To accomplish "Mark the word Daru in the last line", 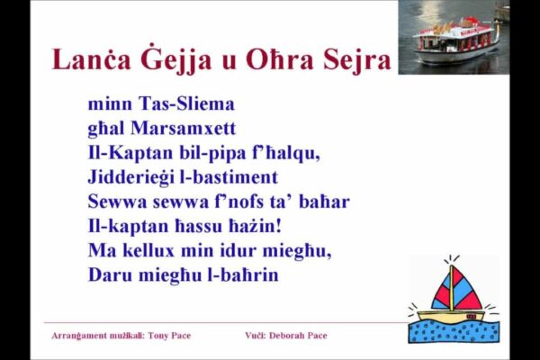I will tap(109, 274).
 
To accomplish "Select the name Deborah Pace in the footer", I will tap(296, 336).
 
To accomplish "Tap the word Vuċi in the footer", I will tap(253, 336).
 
